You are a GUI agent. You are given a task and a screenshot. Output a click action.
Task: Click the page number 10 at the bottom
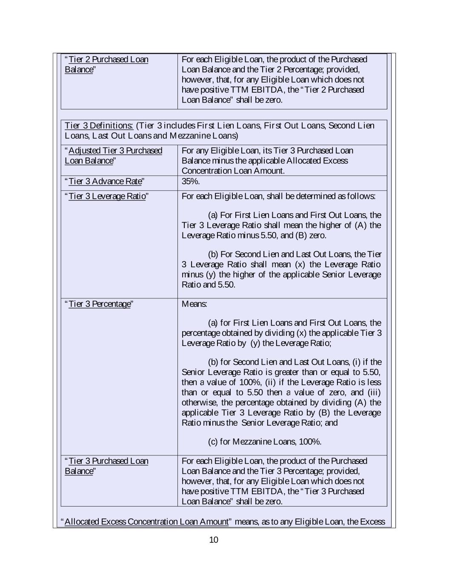point(214,540)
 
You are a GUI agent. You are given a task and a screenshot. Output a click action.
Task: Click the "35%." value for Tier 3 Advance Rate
point(191,181)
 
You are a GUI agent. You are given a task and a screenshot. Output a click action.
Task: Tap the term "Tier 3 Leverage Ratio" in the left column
point(107,196)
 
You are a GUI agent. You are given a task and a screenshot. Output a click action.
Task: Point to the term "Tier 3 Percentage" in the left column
point(99,304)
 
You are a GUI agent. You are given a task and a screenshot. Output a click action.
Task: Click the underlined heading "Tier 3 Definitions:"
point(99,126)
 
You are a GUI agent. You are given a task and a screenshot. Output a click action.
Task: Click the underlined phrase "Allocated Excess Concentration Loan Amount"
point(146,522)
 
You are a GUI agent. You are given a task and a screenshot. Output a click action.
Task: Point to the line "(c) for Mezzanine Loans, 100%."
point(264,442)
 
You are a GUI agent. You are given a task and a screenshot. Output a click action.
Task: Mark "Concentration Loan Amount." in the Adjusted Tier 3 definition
point(233,171)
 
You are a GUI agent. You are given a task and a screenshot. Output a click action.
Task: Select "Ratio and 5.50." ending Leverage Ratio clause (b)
point(209,285)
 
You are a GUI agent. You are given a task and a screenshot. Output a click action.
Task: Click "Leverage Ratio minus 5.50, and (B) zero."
point(254,235)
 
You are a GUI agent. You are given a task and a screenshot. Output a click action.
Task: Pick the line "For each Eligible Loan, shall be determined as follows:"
point(278,196)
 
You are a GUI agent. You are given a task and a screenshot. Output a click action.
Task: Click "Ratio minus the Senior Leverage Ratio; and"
point(260,423)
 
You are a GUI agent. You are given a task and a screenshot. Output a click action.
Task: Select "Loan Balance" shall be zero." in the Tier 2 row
point(232,100)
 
